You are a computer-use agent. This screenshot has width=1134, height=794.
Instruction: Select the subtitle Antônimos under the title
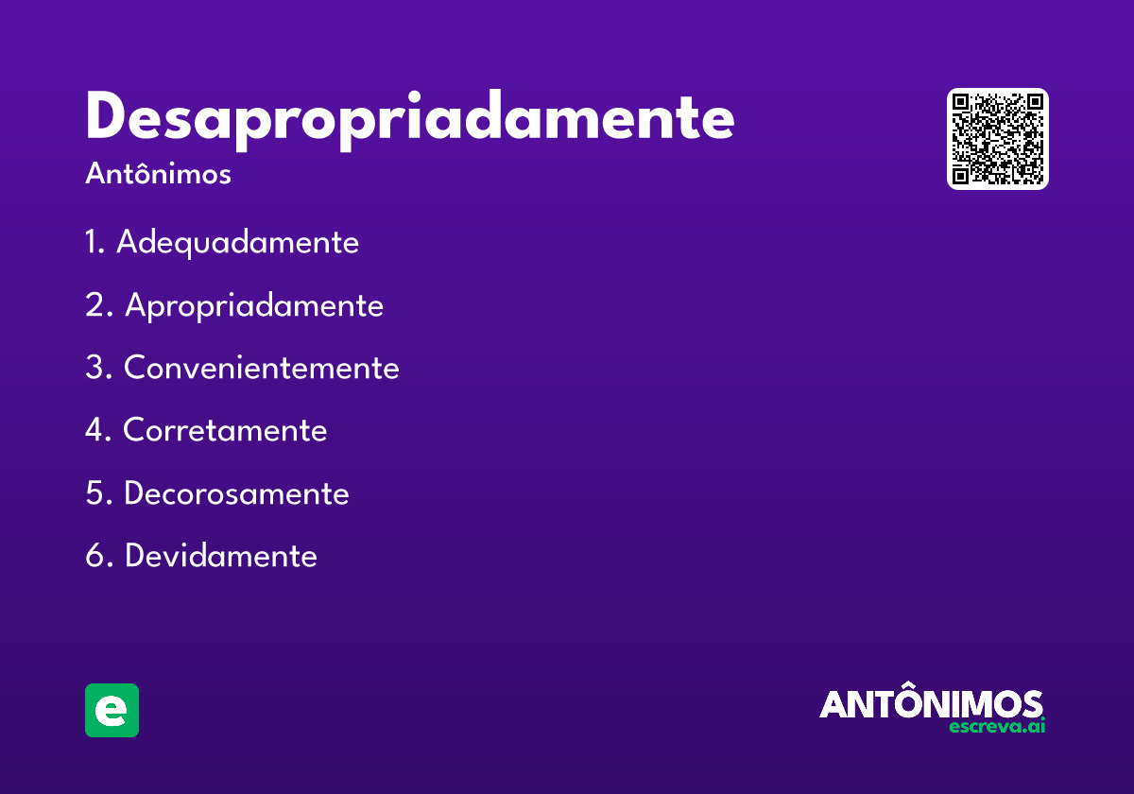pos(158,175)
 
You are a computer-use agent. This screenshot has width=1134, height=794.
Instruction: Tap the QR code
pos(998,139)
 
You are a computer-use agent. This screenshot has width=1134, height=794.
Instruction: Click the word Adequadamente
pos(237,243)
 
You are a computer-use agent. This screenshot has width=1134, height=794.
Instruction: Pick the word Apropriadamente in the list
pos(253,305)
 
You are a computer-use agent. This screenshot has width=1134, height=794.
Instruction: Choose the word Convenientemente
pos(261,368)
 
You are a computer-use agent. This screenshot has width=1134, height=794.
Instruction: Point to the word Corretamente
pos(225,430)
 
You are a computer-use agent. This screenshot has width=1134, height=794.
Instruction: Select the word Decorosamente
pos(236,493)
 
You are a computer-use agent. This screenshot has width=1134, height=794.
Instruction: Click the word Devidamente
pos(220,556)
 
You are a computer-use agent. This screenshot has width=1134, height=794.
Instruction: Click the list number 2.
pos(97,305)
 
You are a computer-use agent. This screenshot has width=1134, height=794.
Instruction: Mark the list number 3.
pos(97,368)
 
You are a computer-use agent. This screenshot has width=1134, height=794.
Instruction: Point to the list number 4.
pos(97,430)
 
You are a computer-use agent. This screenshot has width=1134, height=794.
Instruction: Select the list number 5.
pos(97,493)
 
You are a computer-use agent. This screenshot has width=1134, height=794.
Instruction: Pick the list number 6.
pos(97,556)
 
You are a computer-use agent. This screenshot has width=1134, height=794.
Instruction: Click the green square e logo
pos(112,710)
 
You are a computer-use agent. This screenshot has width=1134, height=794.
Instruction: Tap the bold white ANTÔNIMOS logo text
pos(931,704)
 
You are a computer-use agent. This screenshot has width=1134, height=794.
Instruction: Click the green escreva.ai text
pos(997,727)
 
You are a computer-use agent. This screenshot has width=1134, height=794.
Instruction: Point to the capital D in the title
pos(107,117)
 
